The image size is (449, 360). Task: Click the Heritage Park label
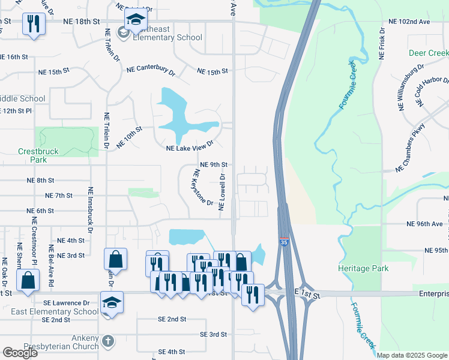(360, 268)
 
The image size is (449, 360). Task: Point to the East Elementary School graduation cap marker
(112, 302)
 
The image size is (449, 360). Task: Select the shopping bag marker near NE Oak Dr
(28, 280)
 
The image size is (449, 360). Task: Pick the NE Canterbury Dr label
(150, 70)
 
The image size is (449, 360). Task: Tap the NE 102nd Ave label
(409, 22)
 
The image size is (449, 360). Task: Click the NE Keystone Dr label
(202, 187)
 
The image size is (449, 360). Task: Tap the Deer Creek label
(429, 53)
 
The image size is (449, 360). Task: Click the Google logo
(20, 353)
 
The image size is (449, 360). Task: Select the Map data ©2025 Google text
(412, 355)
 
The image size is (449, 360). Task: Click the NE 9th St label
(214, 164)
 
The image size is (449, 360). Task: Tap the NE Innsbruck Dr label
(91, 209)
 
